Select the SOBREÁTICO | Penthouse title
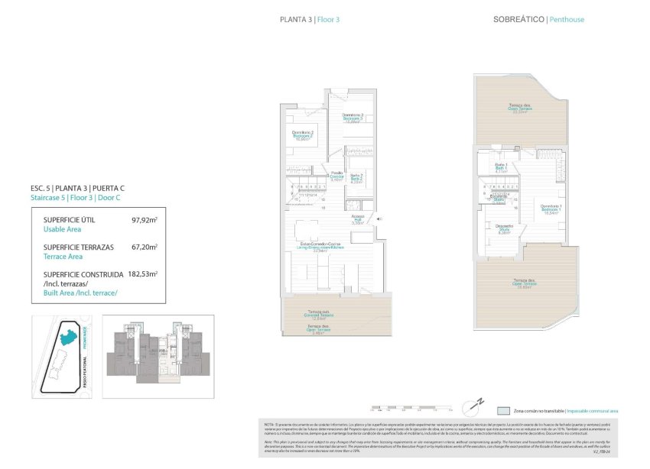[x=529, y=19]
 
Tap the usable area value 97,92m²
[x=143, y=220]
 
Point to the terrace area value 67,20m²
[x=143, y=247]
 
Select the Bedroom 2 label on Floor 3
[x=303, y=136]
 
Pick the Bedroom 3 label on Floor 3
[x=353, y=118]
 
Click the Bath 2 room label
[x=356, y=177]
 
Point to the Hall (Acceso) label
[x=357, y=221]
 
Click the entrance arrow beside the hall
[x=379, y=219]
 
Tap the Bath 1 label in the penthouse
[x=502, y=168]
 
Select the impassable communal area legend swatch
[x=503, y=409]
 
